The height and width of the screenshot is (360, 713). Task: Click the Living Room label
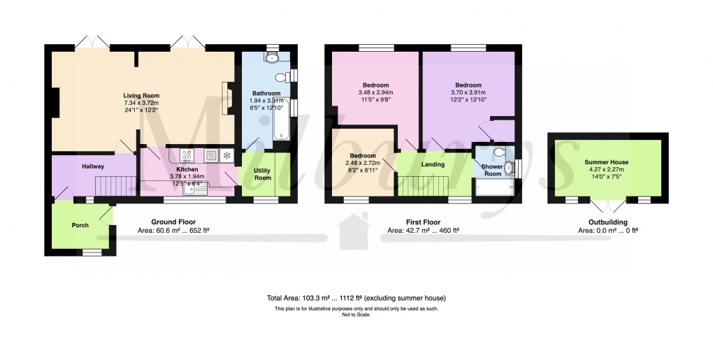[141, 96]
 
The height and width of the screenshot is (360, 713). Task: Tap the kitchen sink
[192, 187]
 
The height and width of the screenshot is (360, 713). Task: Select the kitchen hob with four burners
[187, 155]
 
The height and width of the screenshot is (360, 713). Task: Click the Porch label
[80, 225]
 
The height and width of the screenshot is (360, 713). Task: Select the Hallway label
[93, 166]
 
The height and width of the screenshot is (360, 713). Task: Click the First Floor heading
[423, 222]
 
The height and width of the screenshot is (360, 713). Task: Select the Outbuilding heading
[607, 222]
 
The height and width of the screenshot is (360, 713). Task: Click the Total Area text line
[356, 298]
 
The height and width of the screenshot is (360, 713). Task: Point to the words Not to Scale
[356, 315]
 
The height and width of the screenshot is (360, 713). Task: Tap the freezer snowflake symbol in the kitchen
[226, 155]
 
